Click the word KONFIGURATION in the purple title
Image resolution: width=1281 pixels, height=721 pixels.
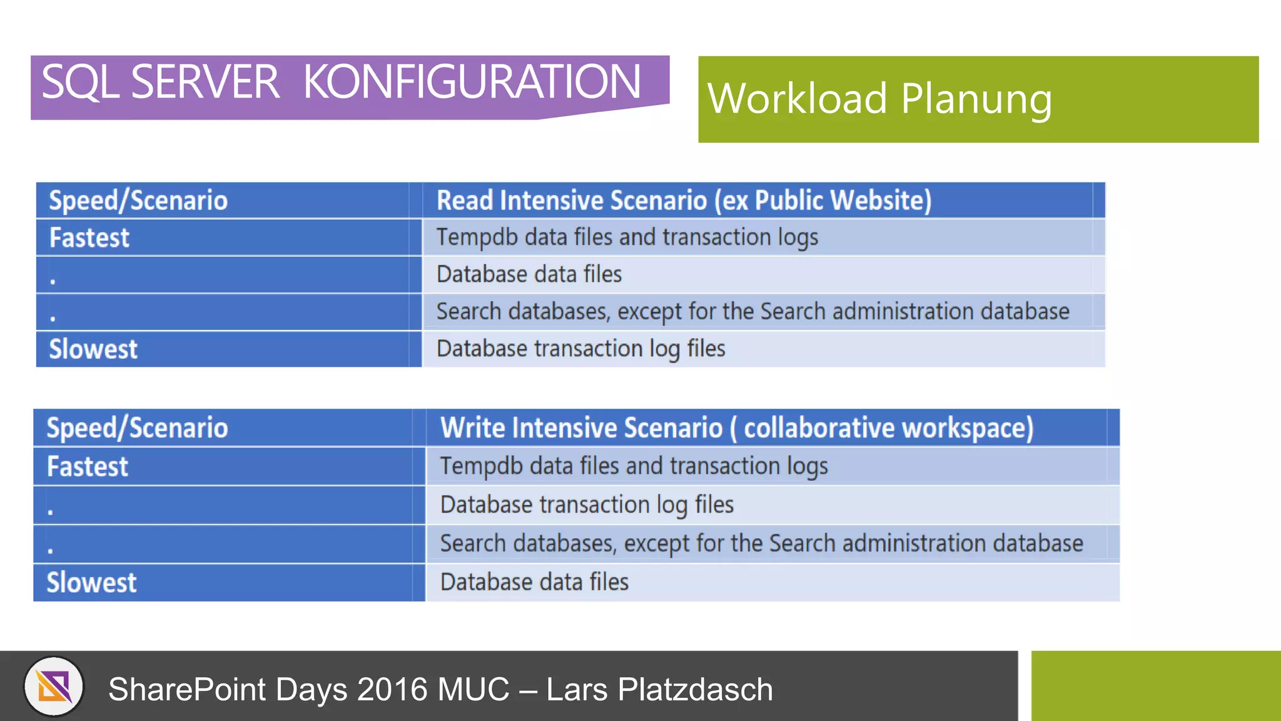pos(472,82)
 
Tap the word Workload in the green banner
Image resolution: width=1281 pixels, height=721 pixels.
pos(797,99)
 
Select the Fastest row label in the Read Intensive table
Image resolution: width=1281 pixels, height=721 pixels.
pos(89,238)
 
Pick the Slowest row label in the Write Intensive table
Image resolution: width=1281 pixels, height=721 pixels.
pos(91,583)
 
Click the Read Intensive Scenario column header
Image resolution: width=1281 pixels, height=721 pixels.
pos(684,200)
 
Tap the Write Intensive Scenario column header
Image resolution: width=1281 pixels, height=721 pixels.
pos(736,428)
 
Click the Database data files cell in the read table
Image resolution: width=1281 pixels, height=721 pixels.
pos(529,274)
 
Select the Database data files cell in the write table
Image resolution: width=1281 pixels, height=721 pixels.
pos(534,582)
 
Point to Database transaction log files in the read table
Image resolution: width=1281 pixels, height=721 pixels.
pos(580,349)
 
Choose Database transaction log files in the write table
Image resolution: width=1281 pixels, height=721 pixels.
pos(587,504)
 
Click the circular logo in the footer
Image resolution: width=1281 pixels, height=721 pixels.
pos(54,687)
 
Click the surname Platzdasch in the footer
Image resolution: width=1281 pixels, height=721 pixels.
pos(695,690)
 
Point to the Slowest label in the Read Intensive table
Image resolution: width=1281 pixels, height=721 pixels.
pos(93,349)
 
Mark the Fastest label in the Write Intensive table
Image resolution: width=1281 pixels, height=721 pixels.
pos(88,467)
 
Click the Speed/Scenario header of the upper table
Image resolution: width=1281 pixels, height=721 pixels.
pos(138,200)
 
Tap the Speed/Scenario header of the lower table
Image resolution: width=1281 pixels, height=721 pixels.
pos(137,428)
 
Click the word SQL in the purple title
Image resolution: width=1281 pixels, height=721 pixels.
pos(80,82)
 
